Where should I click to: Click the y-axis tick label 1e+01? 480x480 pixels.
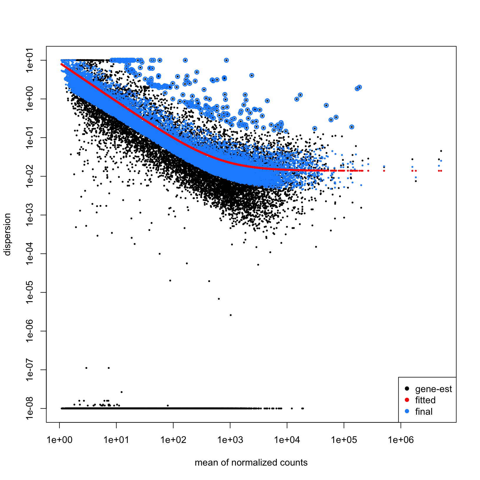coord(30,60)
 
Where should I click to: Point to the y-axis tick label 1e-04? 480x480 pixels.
coord(30,254)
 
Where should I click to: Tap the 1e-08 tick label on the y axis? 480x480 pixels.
coord(30,409)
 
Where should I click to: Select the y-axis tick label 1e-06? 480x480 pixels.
coord(30,331)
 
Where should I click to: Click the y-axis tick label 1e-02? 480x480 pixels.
coord(30,176)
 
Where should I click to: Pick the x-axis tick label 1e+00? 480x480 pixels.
coord(59,440)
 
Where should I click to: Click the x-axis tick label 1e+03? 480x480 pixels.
coord(230,440)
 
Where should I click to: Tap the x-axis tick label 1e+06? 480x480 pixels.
coord(401,440)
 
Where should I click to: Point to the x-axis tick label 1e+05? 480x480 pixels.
coord(344,440)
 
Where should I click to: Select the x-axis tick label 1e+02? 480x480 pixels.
coord(173,440)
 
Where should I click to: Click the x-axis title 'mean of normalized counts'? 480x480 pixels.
coord(251,463)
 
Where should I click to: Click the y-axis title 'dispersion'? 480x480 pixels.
coord(7,234)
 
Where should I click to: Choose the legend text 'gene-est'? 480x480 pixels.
coord(433,389)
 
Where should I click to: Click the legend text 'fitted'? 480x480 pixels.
coord(425,400)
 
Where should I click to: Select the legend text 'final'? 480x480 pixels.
coord(424,411)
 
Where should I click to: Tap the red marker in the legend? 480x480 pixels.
coord(407,400)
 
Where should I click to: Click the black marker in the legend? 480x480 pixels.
coord(407,389)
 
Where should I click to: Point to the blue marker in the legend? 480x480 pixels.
coord(407,411)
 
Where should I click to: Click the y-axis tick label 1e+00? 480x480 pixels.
coord(30,99)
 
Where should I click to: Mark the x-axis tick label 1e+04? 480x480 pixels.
coord(287,440)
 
